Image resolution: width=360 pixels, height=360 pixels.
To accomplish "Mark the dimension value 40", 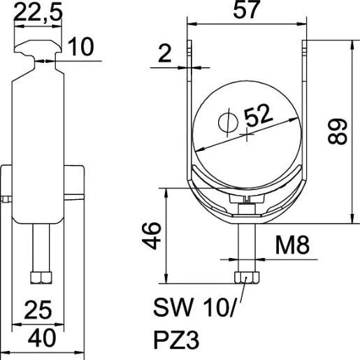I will coord(41,340).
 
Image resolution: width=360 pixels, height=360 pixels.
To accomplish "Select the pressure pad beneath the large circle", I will coord(246,200).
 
